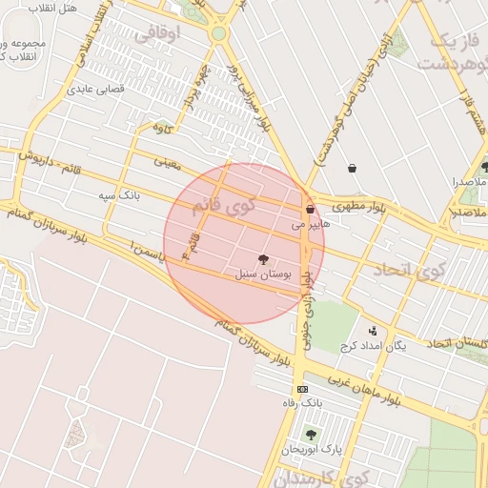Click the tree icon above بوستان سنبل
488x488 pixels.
click(x=262, y=258)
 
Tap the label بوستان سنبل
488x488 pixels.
click(x=262, y=274)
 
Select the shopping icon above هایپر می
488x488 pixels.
click(x=310, y=210)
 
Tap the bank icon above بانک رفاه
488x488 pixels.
click(x=302, y=389)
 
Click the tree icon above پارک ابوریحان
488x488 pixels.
click(x=310, y=435)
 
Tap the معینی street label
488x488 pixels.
click(x=168, y=163)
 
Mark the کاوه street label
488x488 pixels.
click(x=163, y=127)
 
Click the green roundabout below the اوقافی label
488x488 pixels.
click(x=219, y=33)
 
